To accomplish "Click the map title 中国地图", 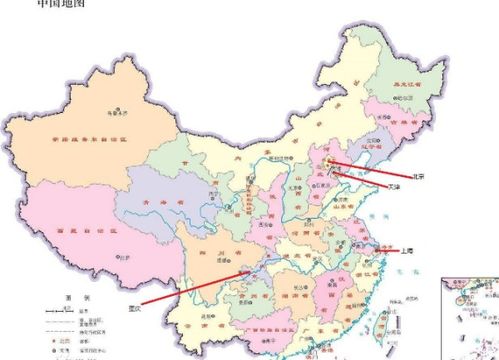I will (x=61, y=5).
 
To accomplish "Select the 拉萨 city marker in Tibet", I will (x=124, y=257).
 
